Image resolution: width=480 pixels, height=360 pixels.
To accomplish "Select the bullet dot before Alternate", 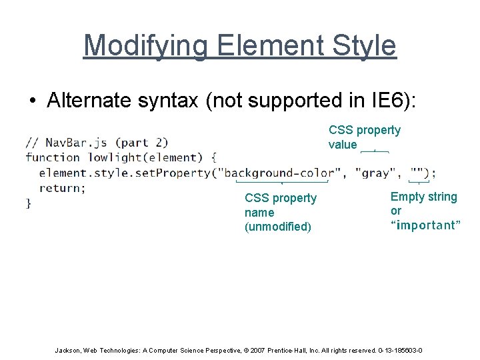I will tap(32, 101).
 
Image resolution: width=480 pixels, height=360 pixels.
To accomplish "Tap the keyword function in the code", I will tap(53, 157).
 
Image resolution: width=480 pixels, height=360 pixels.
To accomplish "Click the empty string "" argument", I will tap(419, 173).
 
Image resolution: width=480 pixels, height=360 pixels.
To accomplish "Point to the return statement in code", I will tap(61, 188).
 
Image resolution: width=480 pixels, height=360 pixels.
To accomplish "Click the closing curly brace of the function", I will tap(29, 203).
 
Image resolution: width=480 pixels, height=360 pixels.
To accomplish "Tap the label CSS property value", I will tap(364, 137).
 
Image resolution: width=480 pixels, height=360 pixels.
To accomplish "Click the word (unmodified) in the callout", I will tap(277, 227).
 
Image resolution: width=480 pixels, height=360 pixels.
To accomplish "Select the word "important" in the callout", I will tap(425, 225).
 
